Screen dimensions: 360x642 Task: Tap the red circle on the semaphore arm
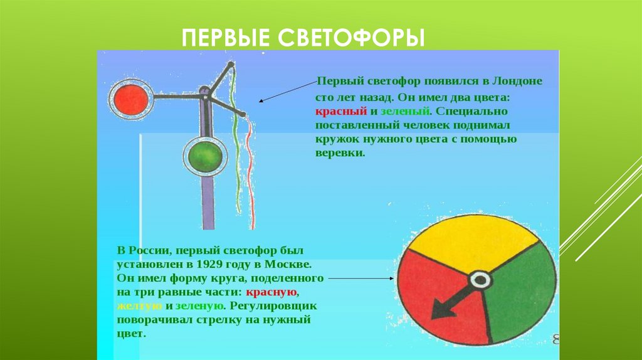coord(131,98)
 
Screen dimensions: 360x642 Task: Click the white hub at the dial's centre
coord(480,280)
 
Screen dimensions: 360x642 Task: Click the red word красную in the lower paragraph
coord(271,292)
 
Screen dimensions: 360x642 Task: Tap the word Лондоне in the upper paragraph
coord(517,82)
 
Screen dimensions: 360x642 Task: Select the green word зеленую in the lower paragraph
coord(199,306)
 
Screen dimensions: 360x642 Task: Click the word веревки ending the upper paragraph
coord(339,153)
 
